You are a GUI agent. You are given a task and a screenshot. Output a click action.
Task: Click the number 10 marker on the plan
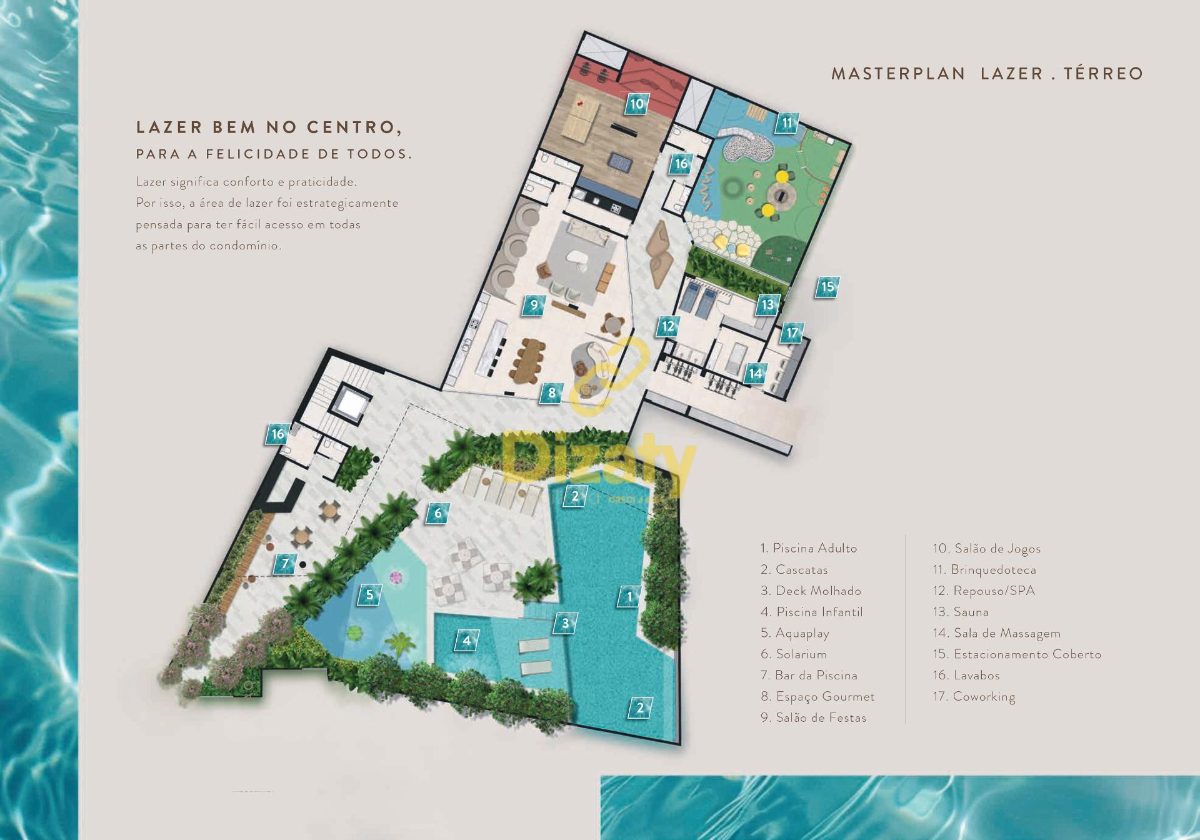click(636, 104)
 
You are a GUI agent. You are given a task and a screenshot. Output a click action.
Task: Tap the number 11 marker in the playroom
click(787, 123)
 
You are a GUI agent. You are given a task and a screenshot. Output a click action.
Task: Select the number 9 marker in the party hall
click(534, 305)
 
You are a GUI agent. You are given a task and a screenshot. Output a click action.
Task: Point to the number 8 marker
click(551, 392)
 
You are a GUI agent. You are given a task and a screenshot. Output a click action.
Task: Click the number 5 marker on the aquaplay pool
click(369, 594)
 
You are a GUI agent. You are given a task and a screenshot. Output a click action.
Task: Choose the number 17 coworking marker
click(792, 332)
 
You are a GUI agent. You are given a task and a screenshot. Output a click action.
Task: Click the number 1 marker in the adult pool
click(629, 596)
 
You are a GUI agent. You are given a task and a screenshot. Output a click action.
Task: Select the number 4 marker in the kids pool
click(466, 641)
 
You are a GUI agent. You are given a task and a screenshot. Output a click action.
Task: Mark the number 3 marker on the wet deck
click(565, 623)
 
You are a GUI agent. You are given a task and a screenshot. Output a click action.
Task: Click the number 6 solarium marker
click(437, 514)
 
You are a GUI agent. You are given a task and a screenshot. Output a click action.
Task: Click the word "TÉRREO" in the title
click(1103, 74)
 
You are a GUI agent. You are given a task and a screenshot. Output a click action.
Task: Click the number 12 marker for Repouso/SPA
click(668, 326)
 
